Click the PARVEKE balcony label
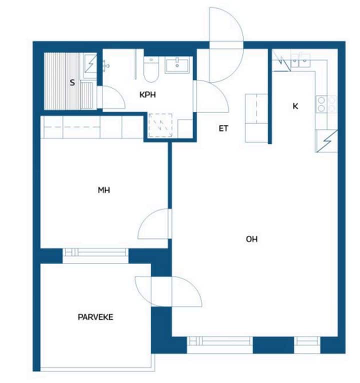[x=95, y=317]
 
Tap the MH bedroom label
[x=104, y=190]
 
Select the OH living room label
[x=251, y=239]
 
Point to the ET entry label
[x=223, y=128]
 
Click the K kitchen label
[x=295, y=106]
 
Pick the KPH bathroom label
[x=147, y=95]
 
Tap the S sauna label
[x=72, y=82]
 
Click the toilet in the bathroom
[x=151, y=69]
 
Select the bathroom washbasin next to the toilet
[x=177, y=65]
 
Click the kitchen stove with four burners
[x=326, y=104]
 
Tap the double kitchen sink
[x=300, y=60]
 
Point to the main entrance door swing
[x=226, y=44]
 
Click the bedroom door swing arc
[x=154, y=223]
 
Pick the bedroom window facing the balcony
[x=95, y=255]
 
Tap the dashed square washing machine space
[x=160, y=125]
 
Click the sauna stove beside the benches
[x=90, y=64]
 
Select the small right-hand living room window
[x=307, y=345]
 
